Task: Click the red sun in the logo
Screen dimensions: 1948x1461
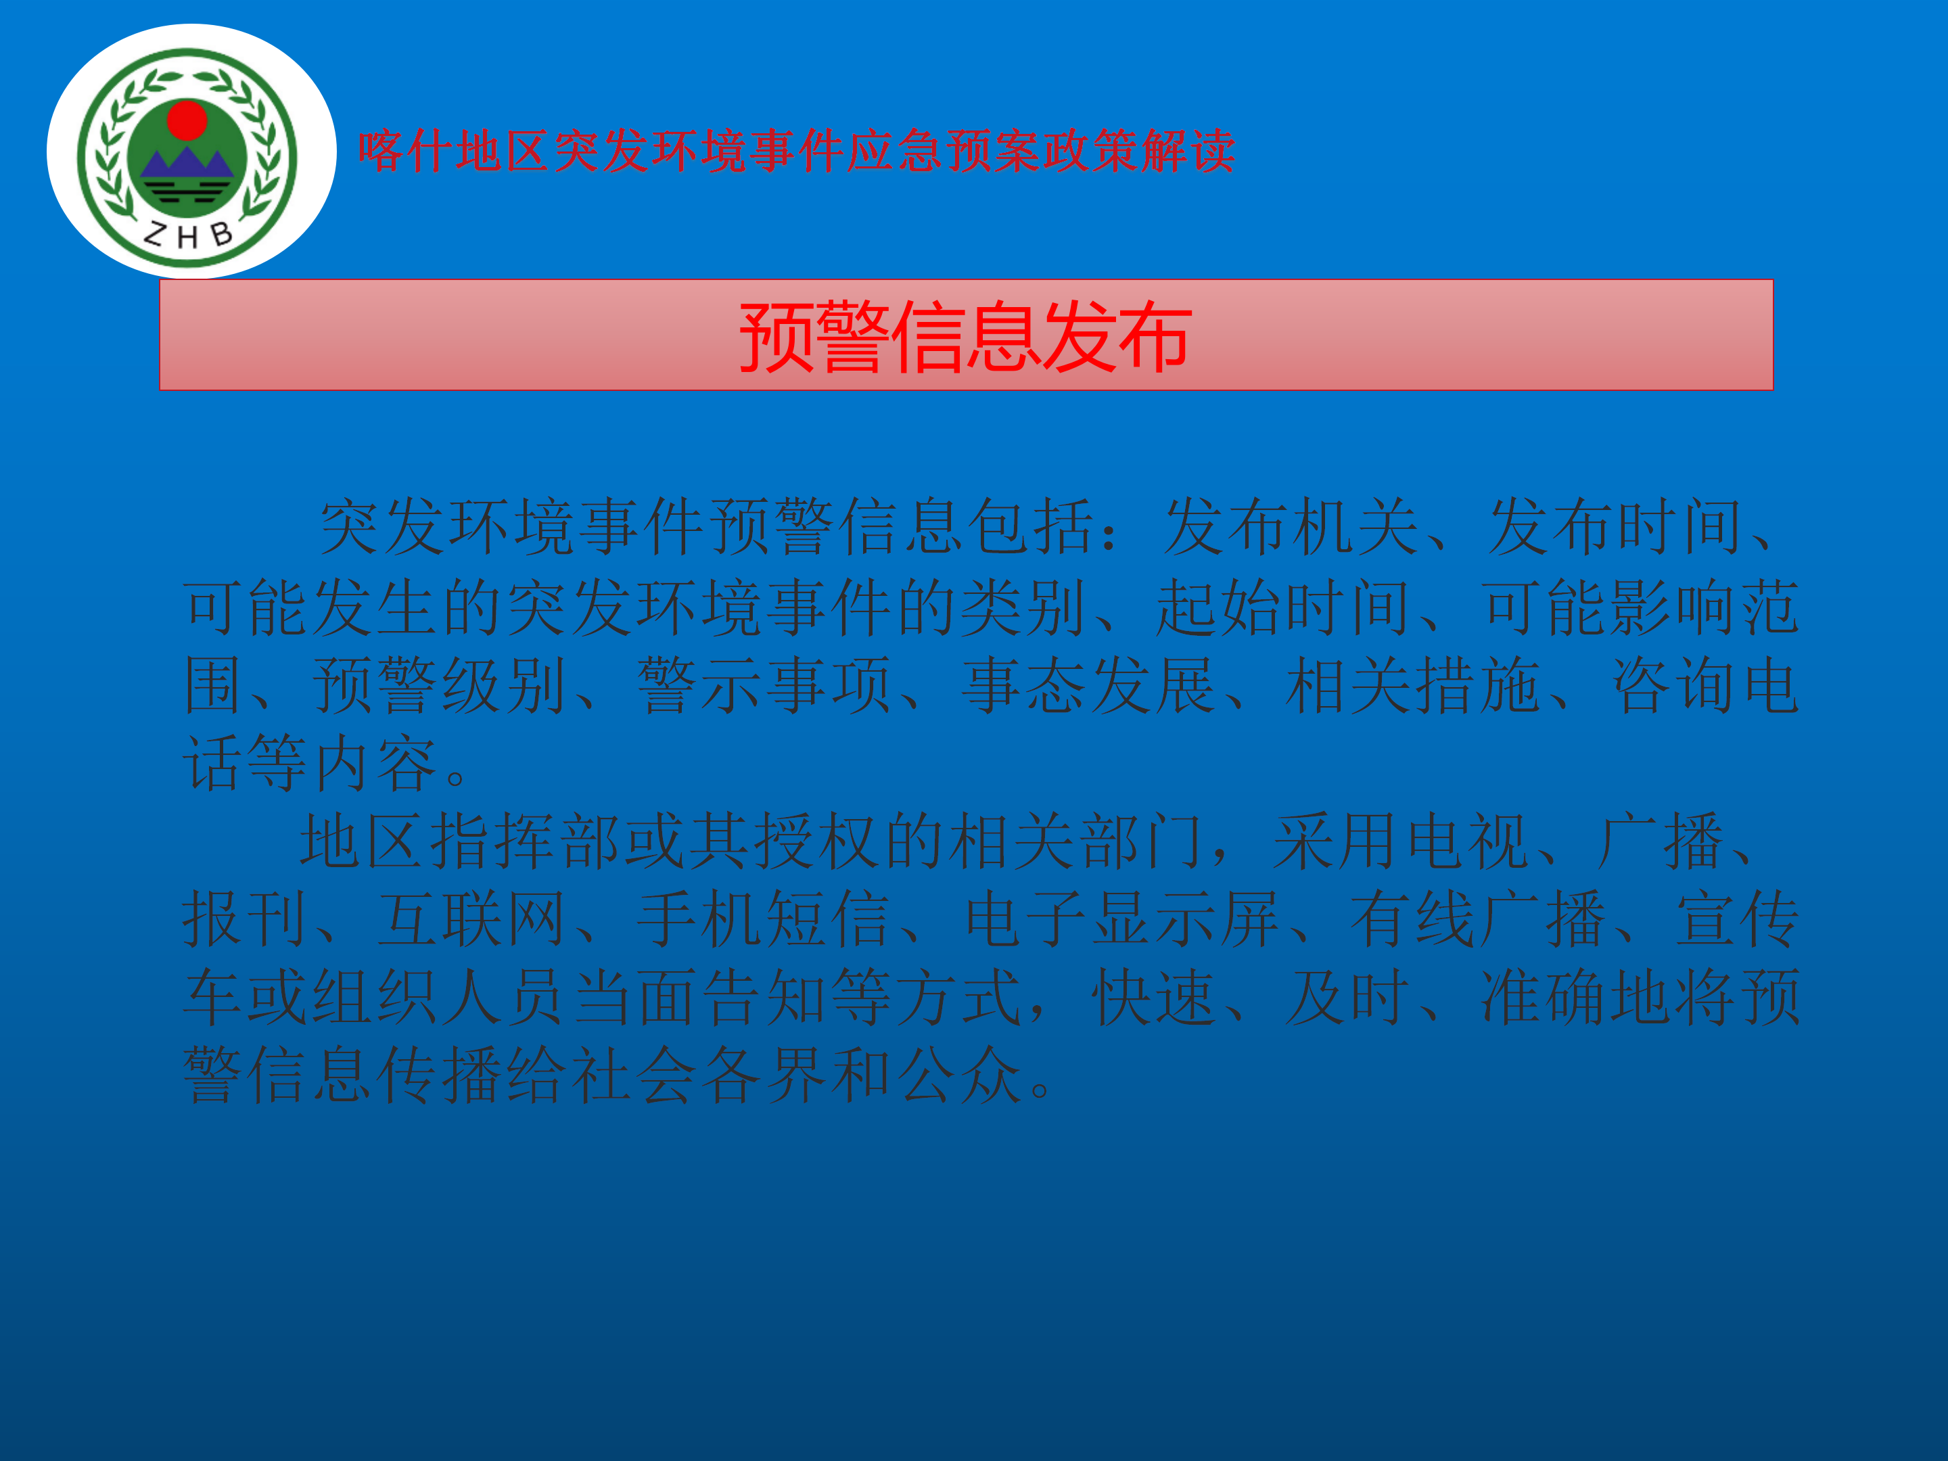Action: pos(187,120)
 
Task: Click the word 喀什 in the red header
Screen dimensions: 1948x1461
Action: pos(405,151)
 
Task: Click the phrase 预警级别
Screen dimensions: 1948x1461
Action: pos(438,685)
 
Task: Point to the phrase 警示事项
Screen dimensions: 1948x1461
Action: pos(764,685)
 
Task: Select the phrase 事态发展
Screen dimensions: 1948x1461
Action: pos(1088,685)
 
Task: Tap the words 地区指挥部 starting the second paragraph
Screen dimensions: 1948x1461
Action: pos(460,841)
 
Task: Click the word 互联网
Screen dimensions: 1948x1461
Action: pos(471,919)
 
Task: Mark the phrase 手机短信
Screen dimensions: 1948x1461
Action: pos(763,919)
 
